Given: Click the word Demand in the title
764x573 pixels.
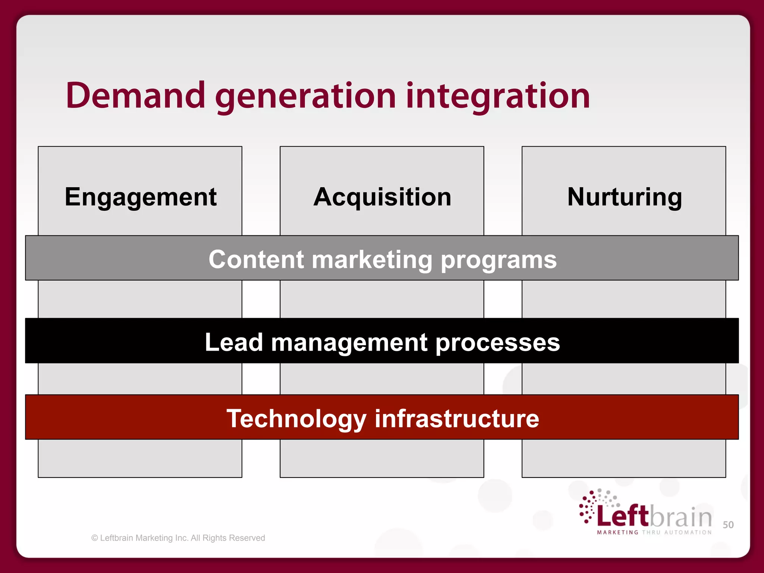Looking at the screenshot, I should (x=135, y=96).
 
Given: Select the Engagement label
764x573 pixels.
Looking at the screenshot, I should (x=141, y=197).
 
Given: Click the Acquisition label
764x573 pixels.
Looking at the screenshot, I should (x=382, y=197).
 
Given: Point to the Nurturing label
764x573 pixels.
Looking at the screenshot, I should (x=624, y=197).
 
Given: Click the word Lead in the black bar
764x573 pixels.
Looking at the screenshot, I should (x=234, y=342).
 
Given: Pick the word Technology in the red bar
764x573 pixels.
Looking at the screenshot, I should (x=297, y=419).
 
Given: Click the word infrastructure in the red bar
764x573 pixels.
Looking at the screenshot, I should (x=457, y=419).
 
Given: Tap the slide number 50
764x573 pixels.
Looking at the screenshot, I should (x=728, y=525).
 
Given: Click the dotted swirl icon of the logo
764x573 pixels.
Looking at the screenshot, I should (x=593, y=505).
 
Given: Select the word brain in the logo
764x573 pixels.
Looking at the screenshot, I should (x=681, y=517).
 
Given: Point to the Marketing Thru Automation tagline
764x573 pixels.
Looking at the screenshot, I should (x=654, y=532).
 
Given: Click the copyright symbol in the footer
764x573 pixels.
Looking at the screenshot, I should (x=95, y=538).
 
